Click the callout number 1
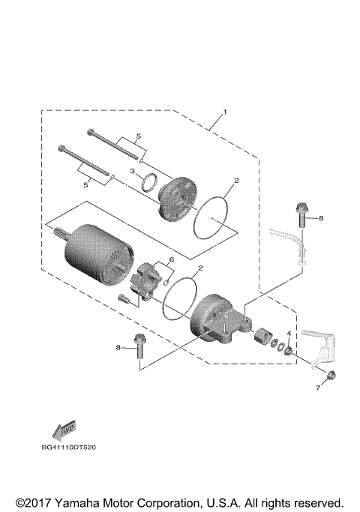pos(223,114)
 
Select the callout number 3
pos(132,172)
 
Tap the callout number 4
pos(288,333)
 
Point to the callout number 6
pos(171,259)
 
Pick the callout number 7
pos(317,389)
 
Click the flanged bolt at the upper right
pos(301,216)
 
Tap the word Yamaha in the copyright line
pos(82,502)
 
